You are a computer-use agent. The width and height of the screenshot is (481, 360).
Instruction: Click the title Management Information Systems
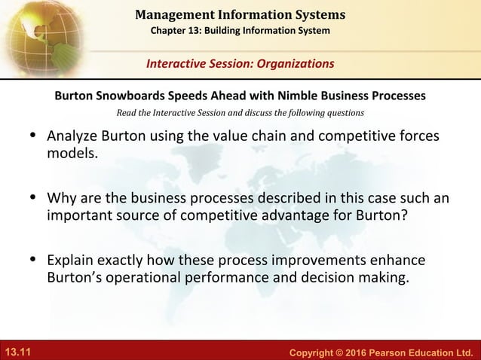point(240,14)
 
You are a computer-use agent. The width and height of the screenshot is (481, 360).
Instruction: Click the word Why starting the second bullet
point(60,199)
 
